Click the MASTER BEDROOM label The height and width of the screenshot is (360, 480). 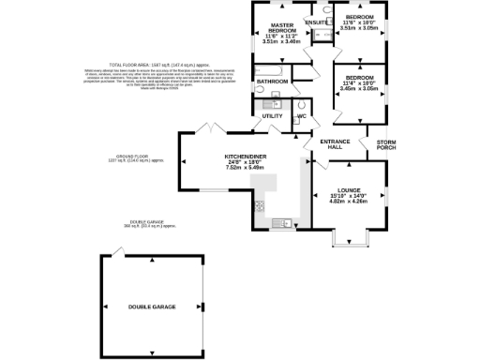pyautogui.click(x=284, y=28)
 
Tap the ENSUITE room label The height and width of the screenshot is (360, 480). pyautogui.click(x=317, y=22)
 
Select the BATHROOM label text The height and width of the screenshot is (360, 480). pyautogui.click(x=273, y=82)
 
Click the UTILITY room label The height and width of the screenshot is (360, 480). pyautogui.click(x=273, y=115)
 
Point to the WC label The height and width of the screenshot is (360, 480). pyautogui.click(x=301, y=115)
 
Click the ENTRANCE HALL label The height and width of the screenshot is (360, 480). pyautogui.click(x=335, y=143)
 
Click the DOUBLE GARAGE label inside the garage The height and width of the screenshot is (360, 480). pyautogui.click(x=153, y=307)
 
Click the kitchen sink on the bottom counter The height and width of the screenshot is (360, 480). pyautogui.click(x=282, y=222)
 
